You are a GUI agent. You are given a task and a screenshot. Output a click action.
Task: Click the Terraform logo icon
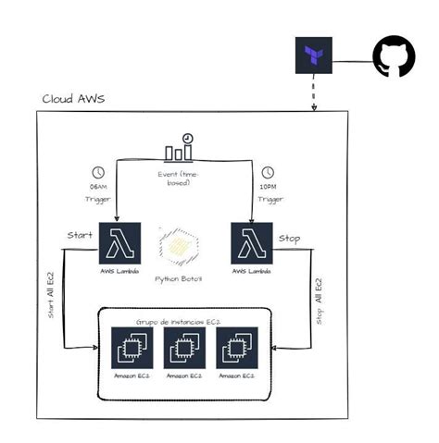313,56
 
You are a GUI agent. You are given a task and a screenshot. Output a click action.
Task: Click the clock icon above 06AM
98,173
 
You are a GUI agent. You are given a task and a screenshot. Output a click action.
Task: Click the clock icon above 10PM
268,173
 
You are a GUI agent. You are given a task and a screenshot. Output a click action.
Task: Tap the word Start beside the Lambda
79,236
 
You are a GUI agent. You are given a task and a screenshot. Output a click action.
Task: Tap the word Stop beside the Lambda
289,238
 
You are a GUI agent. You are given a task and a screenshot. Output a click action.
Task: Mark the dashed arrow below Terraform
313,93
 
